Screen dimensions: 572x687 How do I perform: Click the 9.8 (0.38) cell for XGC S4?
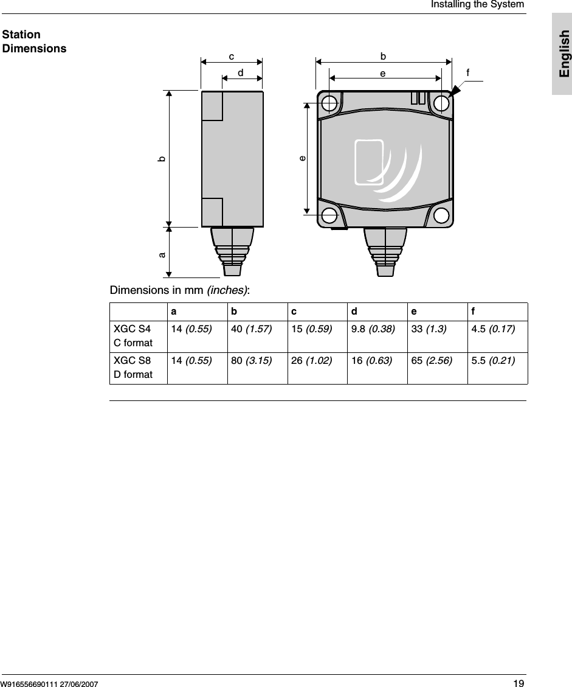coord(373,329)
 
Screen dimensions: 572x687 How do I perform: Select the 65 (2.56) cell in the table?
coord(432,361)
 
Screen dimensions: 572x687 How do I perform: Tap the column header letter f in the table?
coord(473,312)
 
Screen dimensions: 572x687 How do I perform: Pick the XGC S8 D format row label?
coord(133,367)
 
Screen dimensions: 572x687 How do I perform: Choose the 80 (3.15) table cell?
coord(251,361)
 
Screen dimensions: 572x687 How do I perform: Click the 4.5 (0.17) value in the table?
coord(493,329)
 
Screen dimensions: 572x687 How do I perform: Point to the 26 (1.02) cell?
coord(312,361)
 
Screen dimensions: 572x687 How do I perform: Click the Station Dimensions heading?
coord(34,41)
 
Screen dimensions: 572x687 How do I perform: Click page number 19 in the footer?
coord(519,683)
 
